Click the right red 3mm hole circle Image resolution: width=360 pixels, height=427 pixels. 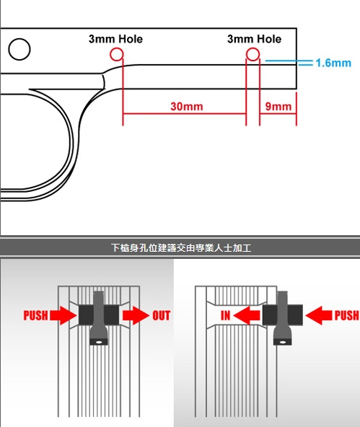coord(247,54)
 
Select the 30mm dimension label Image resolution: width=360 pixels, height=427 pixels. coord(187,106)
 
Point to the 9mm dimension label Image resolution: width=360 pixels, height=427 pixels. coord(278,106)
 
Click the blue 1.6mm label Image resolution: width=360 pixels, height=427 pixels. coord(333,63)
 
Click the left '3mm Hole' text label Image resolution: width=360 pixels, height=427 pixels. coord(115,39)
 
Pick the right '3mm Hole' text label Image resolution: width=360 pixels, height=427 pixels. coord(254,39)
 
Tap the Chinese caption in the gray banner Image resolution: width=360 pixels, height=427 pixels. coord(181,248)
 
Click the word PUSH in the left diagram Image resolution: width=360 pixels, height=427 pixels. coord(35,315)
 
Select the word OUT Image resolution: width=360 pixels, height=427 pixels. coord(161,315)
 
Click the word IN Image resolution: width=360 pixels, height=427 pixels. coord(225,315)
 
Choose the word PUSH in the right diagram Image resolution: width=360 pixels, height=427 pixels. coord(346,315)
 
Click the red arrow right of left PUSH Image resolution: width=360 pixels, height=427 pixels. coord(63,315)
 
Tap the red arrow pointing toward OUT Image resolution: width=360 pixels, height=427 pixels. coord(136,315)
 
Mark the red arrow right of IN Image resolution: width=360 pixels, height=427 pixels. coord(247,315)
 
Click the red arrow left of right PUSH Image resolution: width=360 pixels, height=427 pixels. coord(319,315)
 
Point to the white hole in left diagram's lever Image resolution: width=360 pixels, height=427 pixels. coord(99,342)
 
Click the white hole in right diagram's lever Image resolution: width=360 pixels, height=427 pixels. coord(283,342)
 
